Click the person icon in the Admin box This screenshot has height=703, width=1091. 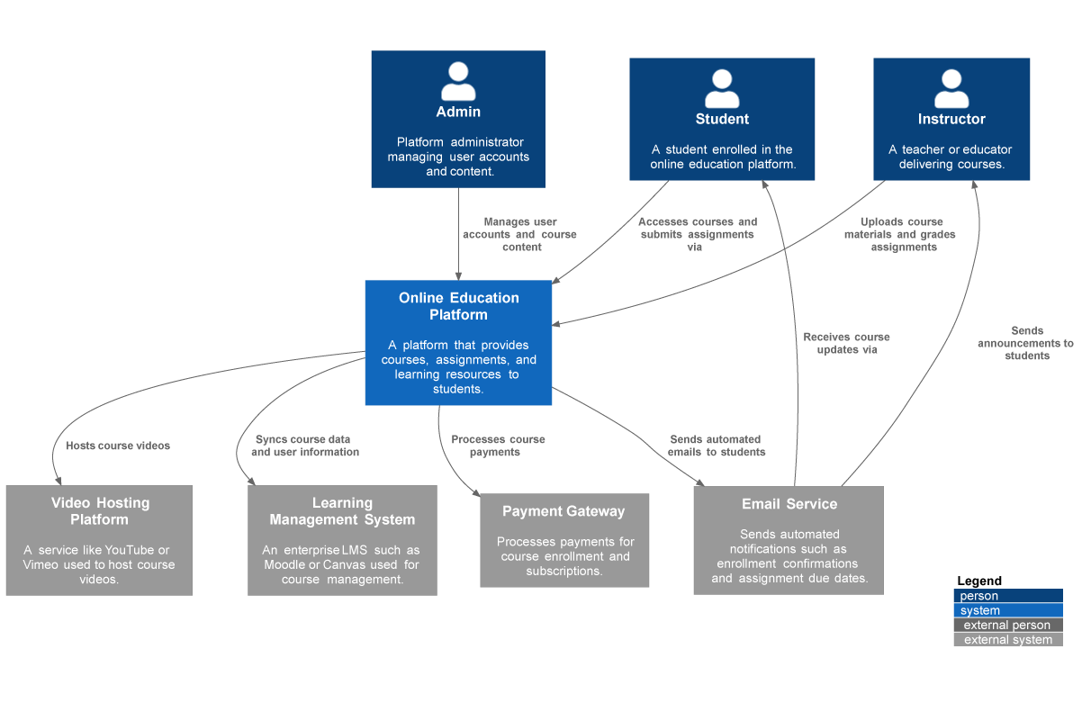coord(458,81)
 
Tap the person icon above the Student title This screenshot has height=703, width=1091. coord(722,88)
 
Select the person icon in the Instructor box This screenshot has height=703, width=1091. coord(951,88)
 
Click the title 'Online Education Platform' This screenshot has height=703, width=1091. coord(458,306)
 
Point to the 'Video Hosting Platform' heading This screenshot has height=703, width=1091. coord(100,511)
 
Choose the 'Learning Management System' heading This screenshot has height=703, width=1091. coord(342,511)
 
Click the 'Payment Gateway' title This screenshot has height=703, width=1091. coord(564,511)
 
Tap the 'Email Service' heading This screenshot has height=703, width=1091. coord(789,504)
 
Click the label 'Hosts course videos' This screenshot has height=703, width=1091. coord(118,446)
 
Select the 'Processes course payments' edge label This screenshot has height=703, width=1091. coord(497,446)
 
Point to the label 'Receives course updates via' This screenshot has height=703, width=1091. coord(845,343)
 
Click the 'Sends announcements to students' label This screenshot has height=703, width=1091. coord(1026,343)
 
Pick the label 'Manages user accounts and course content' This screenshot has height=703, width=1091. coord(520,234)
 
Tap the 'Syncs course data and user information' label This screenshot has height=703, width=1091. coord(305,446)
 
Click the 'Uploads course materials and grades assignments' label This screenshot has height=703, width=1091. coord(900,234)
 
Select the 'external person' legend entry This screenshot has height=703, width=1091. coord(1007,625)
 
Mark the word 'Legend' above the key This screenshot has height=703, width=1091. coord(979,581)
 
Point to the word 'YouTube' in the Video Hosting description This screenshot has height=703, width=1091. coord(129,550)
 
